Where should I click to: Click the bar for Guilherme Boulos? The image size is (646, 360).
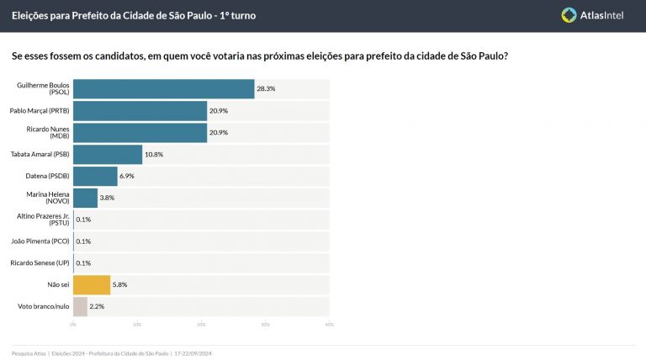point(163,89)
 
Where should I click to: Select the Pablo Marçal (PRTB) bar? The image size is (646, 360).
point(140,110)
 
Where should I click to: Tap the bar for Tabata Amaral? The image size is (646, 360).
point(108,154)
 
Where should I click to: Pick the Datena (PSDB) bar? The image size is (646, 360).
point(95,176)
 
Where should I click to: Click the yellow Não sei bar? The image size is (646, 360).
point(92,284)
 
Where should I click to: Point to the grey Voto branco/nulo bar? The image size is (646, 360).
point(80,306)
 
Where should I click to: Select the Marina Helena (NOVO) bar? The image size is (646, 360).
point(85,198)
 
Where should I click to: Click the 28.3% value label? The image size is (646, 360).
point(266,89)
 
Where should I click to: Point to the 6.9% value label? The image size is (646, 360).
point(128,177)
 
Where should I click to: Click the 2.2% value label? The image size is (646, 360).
point(97,307)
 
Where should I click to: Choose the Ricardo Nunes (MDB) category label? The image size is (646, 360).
point(50,132)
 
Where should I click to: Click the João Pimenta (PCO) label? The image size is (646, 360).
point(43,241)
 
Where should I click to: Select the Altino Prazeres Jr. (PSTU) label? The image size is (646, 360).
point(43,220)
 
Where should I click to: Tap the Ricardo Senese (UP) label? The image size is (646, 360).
point(43,263)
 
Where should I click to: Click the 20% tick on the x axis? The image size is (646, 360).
point(201,325)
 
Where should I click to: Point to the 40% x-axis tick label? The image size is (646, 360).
point(329,325)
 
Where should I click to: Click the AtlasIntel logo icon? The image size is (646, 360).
point(569,14)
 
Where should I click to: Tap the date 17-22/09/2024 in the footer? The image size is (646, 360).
point(193,353)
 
